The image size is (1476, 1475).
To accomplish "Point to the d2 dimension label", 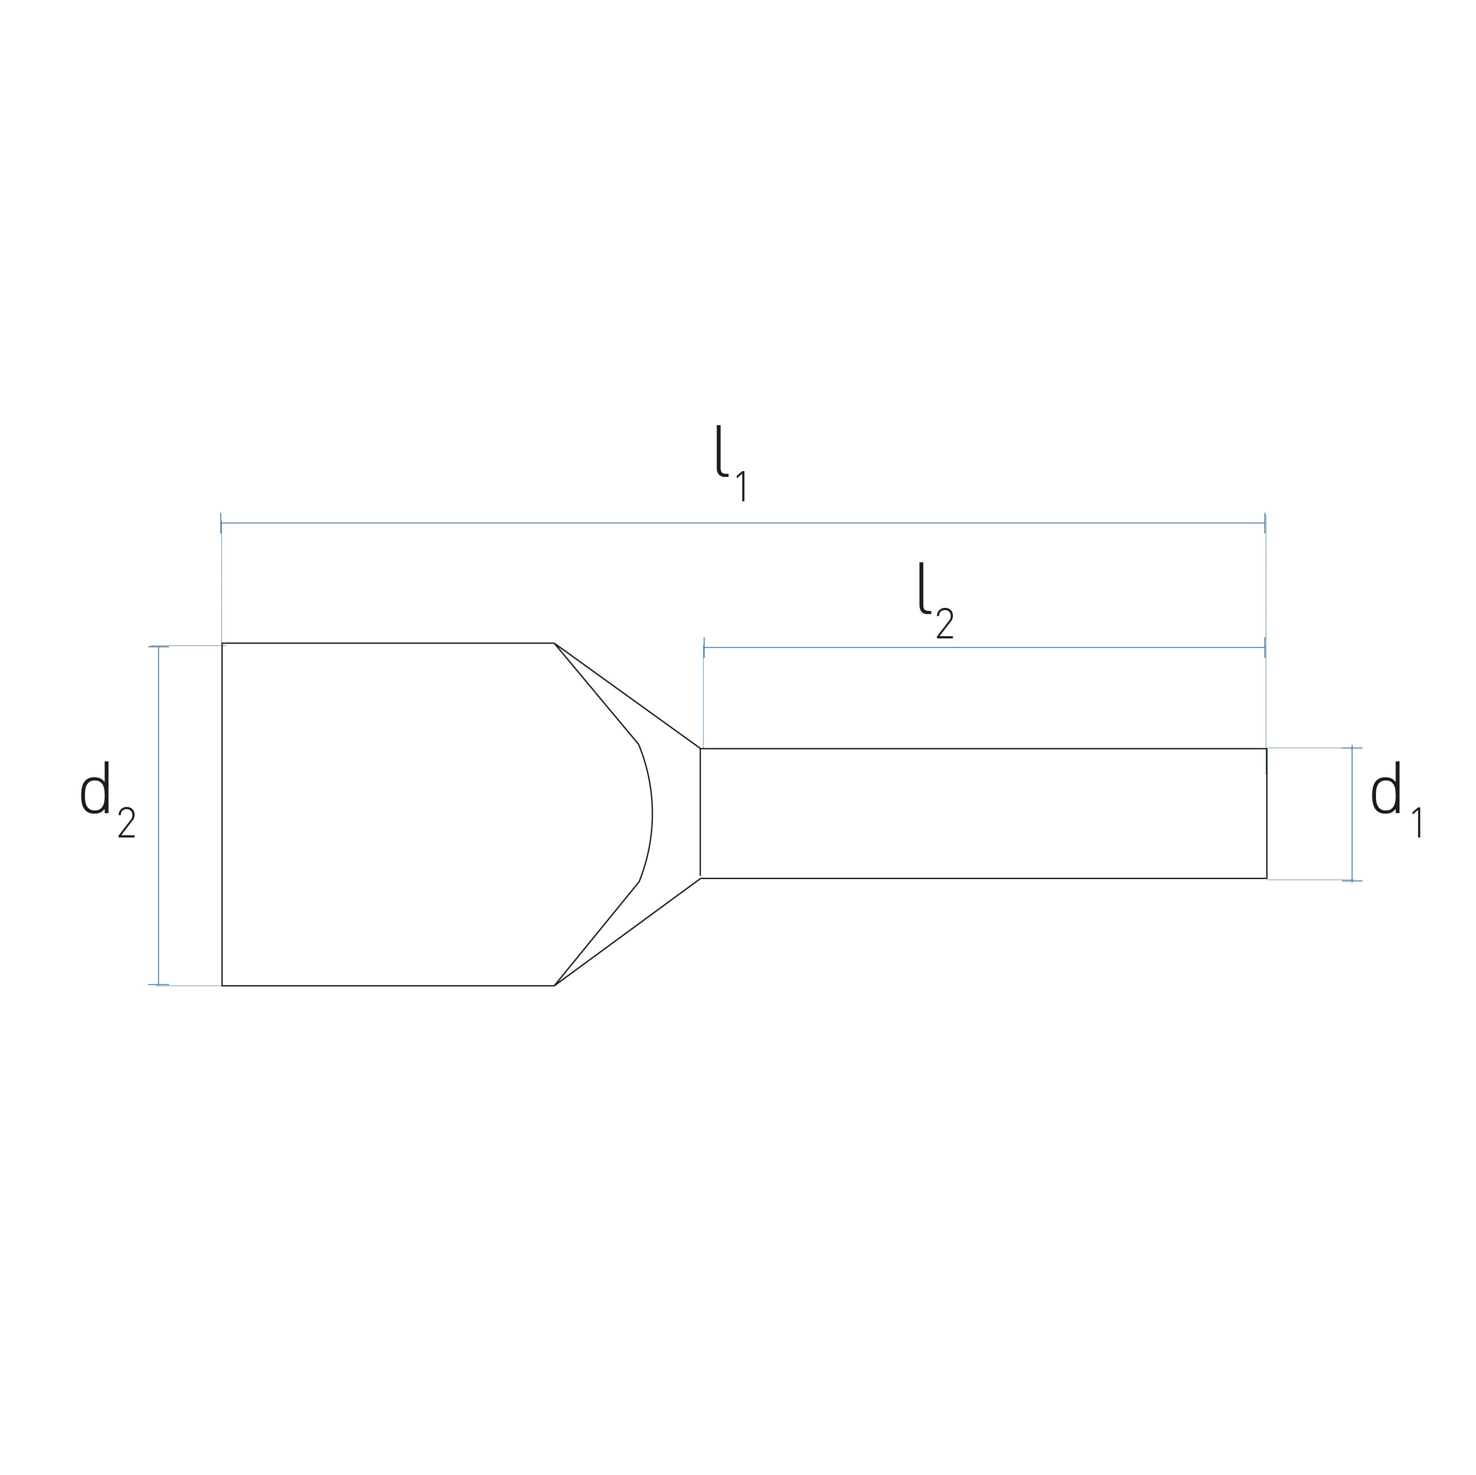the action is point(108,800).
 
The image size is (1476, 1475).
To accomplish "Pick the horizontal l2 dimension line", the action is point(984,648).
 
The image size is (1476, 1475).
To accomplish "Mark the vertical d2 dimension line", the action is point(158,815).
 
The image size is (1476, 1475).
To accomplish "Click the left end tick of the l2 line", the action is point(704,648).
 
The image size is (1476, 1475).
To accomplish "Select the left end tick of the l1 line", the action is point(221,523).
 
